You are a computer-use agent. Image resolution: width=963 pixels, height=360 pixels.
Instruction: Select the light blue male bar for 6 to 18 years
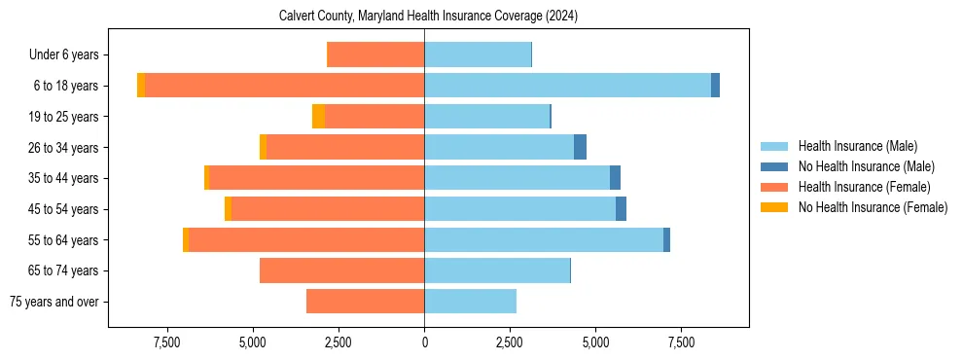(x=567, y=86)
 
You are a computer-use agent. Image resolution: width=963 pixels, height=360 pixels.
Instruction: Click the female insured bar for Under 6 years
(x=375, y=54)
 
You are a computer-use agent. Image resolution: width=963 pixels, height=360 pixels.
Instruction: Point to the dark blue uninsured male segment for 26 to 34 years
(x=580, y=147)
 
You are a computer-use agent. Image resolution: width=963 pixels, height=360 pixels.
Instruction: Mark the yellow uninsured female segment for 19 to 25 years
(x=318, y=117)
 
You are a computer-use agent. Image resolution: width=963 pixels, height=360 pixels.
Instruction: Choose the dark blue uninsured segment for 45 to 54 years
(x=621, y=209)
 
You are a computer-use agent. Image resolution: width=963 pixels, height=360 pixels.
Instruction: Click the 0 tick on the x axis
(x=424, y=342)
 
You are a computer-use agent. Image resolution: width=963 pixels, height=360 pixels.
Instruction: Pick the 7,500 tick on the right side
(x=681, y=342)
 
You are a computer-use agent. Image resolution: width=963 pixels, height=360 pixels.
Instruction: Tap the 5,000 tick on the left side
(x=253, y=342)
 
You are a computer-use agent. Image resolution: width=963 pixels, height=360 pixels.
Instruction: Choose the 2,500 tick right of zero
(x=510, y=342)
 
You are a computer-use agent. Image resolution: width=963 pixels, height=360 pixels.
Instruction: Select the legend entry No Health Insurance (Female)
(x=873, y=207)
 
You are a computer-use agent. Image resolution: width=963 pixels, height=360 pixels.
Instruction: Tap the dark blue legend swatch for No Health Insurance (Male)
(x=774, y=166)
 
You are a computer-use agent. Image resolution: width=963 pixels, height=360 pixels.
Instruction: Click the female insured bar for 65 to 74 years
(x=341, y=270)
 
